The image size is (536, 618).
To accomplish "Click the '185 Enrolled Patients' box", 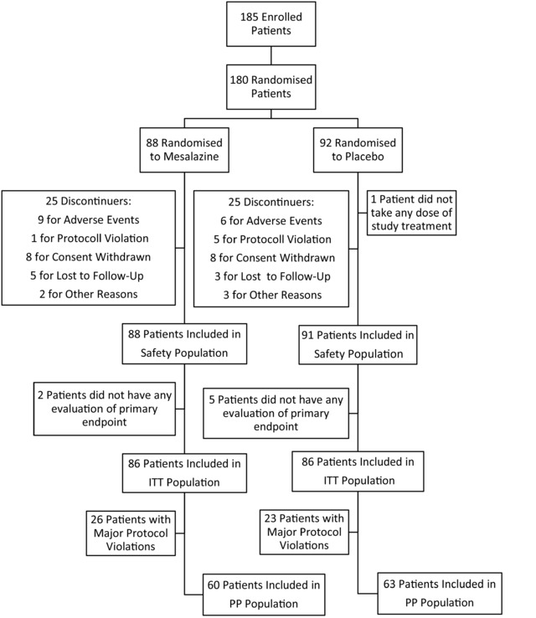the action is (271, 24).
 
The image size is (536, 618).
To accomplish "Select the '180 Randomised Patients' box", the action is (271, 87).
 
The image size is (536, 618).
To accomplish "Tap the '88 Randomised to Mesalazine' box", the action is (184, 150).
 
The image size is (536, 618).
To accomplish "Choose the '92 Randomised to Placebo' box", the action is (358, 150).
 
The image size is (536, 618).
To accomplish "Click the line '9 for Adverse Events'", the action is (89, 219).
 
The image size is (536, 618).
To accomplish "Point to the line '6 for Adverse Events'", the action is (271, 221).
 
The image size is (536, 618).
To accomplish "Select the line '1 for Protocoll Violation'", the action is (90, 238).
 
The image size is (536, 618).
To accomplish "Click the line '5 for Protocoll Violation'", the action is (272, 239).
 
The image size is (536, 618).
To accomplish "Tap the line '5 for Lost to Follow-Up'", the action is (87, 276).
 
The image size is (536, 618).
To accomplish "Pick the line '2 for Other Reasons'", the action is (89, 294).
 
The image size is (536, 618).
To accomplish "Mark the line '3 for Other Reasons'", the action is (272, 295).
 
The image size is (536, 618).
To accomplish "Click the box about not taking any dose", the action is (411, 213).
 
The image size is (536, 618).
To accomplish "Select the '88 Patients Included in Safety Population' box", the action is (184, 343).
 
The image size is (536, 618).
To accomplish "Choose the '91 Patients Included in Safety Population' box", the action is (358, 344).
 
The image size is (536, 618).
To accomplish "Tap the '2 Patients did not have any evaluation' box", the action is (105, 409).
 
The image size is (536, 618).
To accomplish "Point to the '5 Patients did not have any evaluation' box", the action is (276, 413).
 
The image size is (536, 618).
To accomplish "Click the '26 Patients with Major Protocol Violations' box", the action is (131, 533).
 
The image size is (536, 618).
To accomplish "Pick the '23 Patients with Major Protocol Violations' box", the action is (304, 532).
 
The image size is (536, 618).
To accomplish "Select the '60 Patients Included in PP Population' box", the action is (264, 595).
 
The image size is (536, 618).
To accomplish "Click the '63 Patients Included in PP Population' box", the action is (440, 593).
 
